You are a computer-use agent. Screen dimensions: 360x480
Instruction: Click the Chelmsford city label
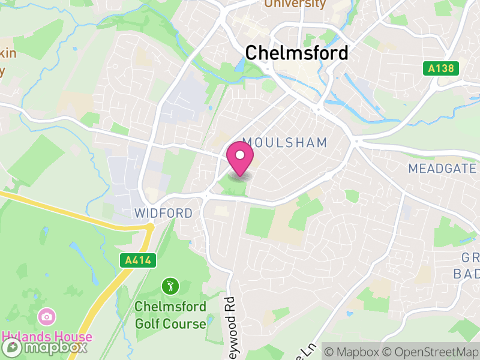coord(296,53)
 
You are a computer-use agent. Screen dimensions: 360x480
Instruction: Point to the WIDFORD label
coord(164,213)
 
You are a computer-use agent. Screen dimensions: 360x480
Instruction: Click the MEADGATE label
coord(442,169)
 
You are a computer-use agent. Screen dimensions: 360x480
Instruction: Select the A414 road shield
coord(137,260)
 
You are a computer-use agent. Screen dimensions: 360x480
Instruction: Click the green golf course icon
coord(170,286)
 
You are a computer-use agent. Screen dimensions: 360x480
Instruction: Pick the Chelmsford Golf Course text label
coord(170,315)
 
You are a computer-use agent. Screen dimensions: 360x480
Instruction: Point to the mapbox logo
coord(45,347)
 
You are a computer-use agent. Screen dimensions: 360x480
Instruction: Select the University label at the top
coord(295,4)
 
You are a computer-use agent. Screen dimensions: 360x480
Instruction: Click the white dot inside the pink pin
coord(240,155)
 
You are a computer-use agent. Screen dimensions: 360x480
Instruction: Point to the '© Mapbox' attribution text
coord(353,351)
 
